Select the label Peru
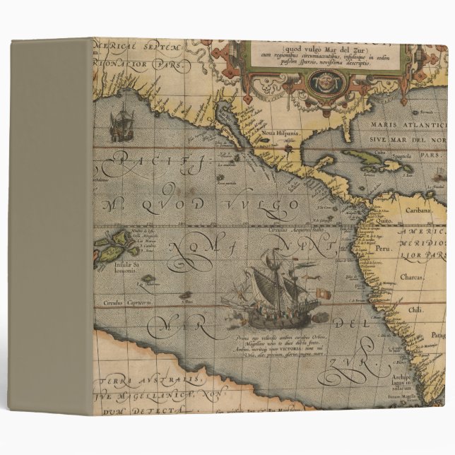click(382, 249)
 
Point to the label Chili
click(415, 309)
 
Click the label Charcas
click(413, 278)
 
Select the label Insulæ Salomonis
click(128, 268)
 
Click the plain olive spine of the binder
click(51, 226)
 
